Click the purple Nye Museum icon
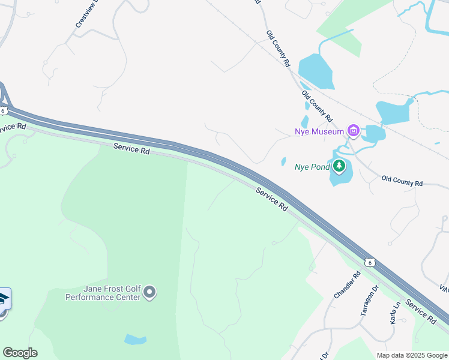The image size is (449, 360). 353,131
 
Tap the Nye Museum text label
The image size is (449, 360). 319,131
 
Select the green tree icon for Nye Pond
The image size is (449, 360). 339,166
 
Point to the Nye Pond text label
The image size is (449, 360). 312,167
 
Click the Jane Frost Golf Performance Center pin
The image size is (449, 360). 149,292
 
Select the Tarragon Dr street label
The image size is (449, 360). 369,300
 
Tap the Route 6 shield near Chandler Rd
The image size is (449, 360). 370,262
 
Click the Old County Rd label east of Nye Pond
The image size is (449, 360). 402,181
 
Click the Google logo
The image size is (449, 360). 20,353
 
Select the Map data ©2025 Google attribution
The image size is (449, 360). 411,355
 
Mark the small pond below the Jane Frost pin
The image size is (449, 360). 136,340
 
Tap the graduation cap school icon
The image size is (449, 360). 3,298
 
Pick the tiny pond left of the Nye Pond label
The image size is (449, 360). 283,161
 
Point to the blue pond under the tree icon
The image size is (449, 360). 339,178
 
